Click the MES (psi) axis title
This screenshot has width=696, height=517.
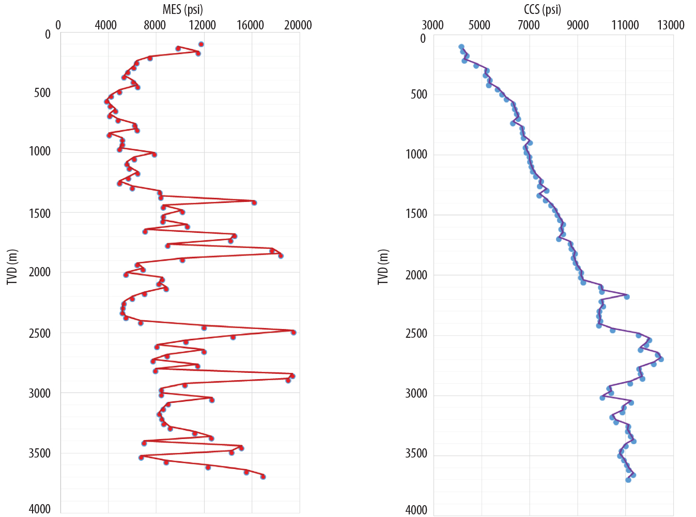182,9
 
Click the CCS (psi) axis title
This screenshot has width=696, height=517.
542,9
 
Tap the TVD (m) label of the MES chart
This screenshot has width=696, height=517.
12,267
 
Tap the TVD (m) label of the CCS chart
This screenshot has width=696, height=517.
383,267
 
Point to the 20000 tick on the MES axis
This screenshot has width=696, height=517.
299,25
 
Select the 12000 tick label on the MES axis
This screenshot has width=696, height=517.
203,25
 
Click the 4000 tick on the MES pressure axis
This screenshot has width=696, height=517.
106,25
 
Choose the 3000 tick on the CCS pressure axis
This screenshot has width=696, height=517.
432,25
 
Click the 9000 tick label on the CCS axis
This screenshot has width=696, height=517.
577,25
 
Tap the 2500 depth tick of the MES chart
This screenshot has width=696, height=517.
40,333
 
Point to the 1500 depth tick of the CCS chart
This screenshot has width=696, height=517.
416,214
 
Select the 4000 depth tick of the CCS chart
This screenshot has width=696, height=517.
416,510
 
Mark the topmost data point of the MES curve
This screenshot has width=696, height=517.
201,44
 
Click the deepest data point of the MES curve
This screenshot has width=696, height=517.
263,477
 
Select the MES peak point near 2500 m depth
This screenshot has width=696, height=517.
293,333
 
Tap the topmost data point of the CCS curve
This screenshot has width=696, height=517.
461,47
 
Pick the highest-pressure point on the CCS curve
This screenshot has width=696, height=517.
661,359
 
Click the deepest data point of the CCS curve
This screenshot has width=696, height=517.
628,480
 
